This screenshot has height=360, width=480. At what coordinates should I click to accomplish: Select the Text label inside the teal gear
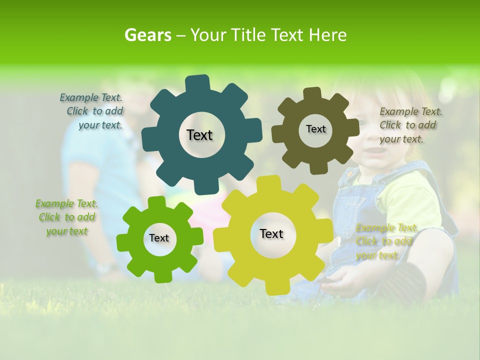(x=199, y=135)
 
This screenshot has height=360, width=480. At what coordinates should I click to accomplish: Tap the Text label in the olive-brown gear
(x=315, y=129)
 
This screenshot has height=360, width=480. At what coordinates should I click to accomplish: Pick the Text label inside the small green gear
(x=159, y=238)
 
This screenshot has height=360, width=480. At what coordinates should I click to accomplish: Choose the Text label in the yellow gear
(x=271, y=233)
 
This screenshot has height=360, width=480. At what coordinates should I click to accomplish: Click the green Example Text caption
(x=66, y=217)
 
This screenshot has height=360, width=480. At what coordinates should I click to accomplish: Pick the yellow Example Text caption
(x=385, y=241)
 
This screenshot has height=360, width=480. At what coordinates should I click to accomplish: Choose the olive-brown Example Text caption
(x=410, y=125)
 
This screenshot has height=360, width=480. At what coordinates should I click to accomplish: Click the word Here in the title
(x=327, y=35)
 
